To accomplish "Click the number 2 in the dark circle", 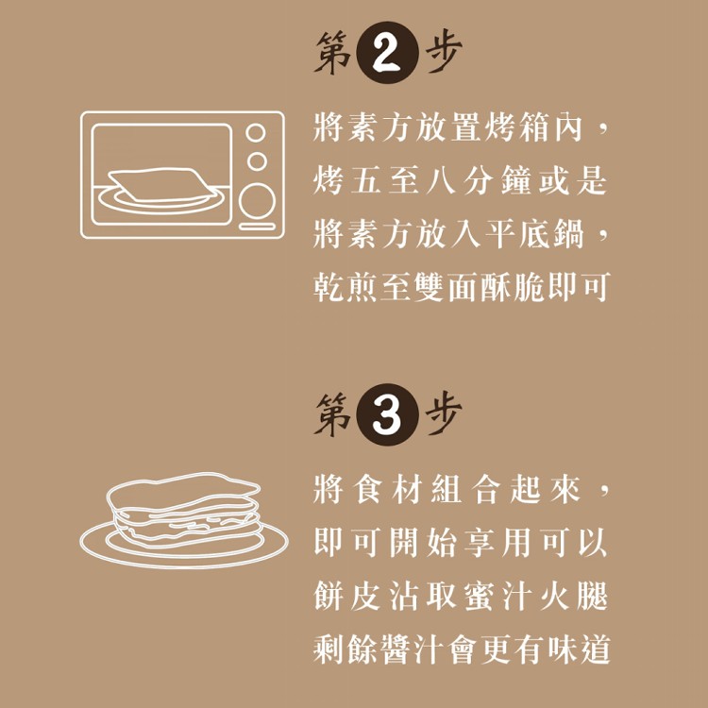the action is [x=386, y=53].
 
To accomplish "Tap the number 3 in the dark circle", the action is [x=386, y=415].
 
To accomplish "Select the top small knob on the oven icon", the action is [x=256, y=133].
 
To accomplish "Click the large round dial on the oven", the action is [x=257, y=201].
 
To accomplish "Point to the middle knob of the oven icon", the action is [x=257, y=161].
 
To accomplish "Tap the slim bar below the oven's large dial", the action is [x=257, y=227].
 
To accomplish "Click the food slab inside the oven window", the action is [x=161, y=184].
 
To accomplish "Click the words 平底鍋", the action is [x=534, y=234].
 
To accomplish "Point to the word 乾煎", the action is [x=346, y=287].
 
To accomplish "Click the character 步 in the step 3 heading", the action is [x=444, y=413].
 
